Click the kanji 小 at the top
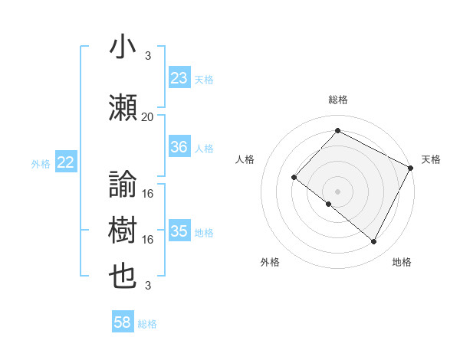pos(123,47)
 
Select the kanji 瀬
pos(123,108)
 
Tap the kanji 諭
pos(123,185)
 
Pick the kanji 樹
pos(123,231)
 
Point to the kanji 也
pos(123,277)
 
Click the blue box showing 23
pos(179,78)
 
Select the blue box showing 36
pos(179,147)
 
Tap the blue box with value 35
pos(179,231)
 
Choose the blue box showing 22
pos(66,162)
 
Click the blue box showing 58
pos(123,323)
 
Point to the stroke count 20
pos(148,116)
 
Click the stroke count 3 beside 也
pos(148,286)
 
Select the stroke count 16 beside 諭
pos(148,193)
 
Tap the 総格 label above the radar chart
pos(338,100)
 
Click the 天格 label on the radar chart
pos(431,159)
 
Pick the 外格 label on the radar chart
pos(270,262)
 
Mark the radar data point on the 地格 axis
pos(374,242)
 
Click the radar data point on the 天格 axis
pos(411,168)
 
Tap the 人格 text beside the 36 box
pos(204,148)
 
